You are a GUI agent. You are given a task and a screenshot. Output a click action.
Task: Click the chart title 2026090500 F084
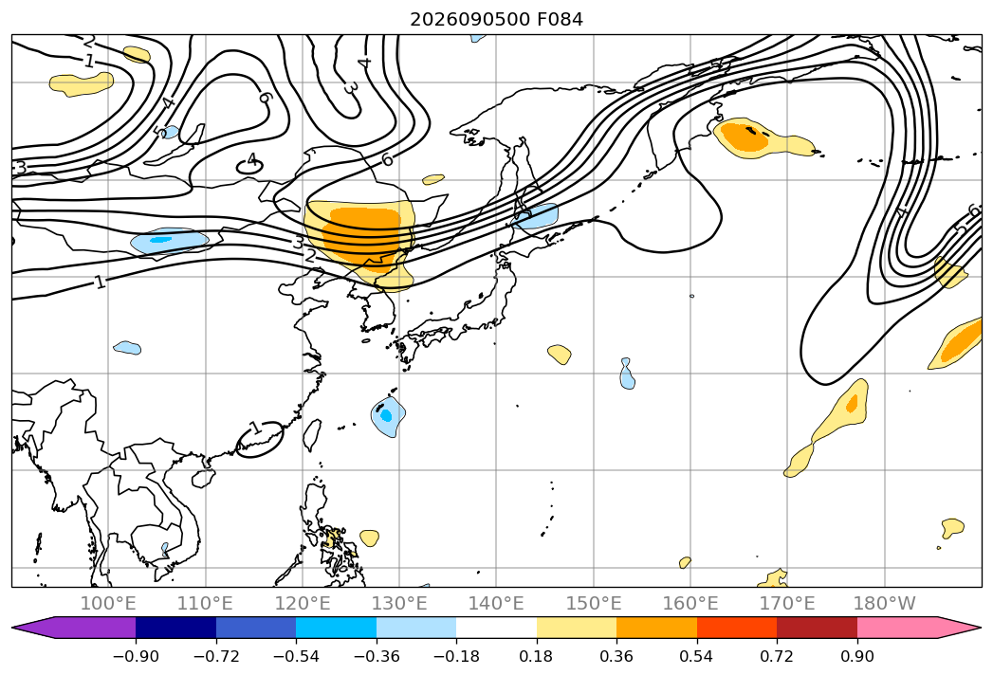pyautogui.click(x=497, y=20)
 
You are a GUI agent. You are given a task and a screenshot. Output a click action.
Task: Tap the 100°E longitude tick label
pyautogui.click(x=108, y=604)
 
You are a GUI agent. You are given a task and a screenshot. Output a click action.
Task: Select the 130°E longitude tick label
pyautogui.click(x=399, y=604)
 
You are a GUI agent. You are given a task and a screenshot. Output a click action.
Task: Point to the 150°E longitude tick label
pyautogui.click(x=594, y=604)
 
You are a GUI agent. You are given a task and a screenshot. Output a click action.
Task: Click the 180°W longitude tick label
pyautogui.click(x=884, y=604)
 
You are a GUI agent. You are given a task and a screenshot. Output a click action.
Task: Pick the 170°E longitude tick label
pyautogui.click(x=787, y=604)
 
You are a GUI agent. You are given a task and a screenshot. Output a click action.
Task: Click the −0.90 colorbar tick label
pyautogui.click(x=136, y=656)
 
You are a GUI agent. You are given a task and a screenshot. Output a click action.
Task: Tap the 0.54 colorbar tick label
pyautogui.click(x=697, y=656)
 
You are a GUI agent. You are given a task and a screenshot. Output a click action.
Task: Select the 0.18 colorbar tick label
pyautogui.click(x=537, y=656)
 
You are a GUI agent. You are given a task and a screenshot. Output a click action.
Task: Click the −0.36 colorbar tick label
pyautogui.click(x=377, y=656)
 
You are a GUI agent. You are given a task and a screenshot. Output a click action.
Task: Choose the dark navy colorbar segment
pyautogui.click(x=176, y=628)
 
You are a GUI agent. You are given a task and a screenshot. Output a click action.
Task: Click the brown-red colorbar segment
pyautogui.click(x=817, y=628)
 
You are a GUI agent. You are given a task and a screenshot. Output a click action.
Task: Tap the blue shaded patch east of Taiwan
pyautogui.click(x=388, y=416)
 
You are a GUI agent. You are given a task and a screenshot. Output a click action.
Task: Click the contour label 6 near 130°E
pyautogui.click(x=387, y=159)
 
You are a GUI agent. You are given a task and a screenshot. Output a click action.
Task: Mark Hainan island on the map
pyautogui.click(x=203, y=478)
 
